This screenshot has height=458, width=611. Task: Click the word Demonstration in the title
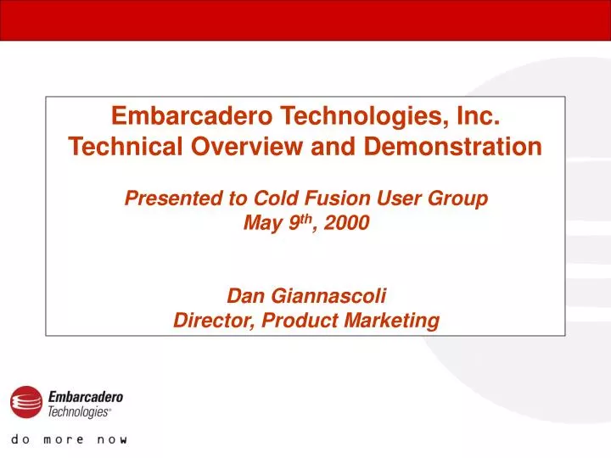pos(452,147)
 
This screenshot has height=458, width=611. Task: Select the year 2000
pos(347,225)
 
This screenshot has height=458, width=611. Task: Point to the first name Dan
pos(244,296)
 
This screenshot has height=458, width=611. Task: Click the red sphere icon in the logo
pos(26,402)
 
